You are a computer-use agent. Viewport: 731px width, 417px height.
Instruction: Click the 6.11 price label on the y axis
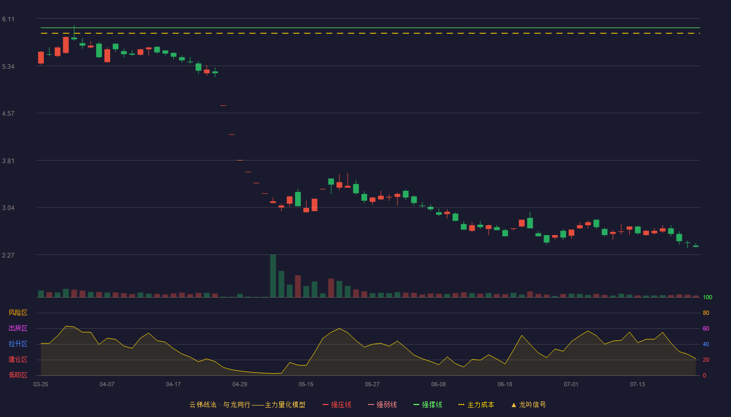point(8,19)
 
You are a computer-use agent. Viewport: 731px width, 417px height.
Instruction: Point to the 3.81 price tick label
point(8,161)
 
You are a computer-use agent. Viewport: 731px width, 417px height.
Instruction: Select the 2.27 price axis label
point(8,255)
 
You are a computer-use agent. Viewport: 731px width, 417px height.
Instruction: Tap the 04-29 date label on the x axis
point(240,385)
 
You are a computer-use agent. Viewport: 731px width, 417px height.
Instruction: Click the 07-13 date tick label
point(638,385)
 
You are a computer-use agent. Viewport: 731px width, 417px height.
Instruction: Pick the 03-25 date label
point(41,385)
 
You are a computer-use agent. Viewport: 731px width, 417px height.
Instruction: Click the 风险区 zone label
point(18,313)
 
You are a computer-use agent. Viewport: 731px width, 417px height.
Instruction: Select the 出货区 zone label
point(18,328)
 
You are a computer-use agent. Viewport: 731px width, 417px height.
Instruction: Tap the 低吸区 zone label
point(18,375)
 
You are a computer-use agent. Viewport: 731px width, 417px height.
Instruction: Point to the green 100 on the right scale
point(708,297)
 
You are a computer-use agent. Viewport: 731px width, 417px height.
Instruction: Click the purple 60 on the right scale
point(706,328)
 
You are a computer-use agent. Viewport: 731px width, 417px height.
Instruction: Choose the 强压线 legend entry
point(337,404)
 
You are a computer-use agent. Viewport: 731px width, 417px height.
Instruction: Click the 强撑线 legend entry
point(428,404)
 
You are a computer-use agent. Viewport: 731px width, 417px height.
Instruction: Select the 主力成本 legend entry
point(476,404)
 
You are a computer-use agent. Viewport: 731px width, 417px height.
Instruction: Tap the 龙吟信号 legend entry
point(528,404)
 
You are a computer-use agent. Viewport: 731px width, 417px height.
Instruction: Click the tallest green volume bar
point(273,276)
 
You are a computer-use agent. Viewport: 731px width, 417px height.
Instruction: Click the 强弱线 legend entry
point(382,404)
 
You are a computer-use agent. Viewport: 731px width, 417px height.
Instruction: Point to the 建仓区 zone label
point(18,360)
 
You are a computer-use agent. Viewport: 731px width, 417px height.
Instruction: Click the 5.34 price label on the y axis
point(8,67)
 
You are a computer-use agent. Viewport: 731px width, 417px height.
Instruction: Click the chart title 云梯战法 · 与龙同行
point(220,404)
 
